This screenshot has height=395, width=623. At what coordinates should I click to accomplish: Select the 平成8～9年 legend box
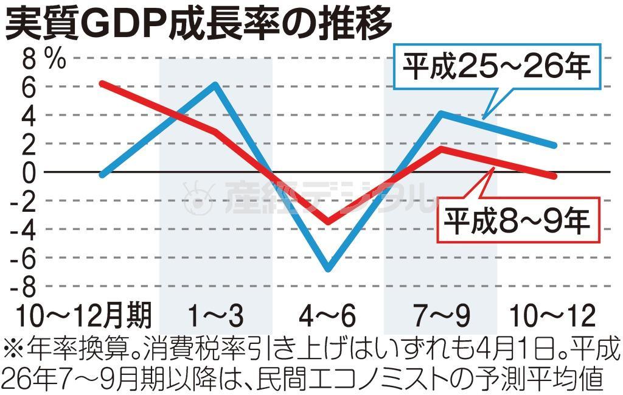coord(516,222)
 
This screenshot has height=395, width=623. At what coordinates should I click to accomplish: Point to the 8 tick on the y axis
coord(28,59)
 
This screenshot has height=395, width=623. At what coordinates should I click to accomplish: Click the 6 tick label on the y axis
coord(28,86)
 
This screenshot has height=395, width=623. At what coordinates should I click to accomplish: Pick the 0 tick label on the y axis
coord(28,172)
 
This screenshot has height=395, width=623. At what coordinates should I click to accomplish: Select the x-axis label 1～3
coord(215,316)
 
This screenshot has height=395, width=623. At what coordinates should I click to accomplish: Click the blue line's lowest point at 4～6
coord(329,268)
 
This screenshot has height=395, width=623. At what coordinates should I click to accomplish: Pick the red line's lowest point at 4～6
coord(329,222)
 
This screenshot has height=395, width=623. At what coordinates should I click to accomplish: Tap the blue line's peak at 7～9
coord(441,114)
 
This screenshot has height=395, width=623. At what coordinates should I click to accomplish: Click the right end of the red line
coord(553,175)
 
